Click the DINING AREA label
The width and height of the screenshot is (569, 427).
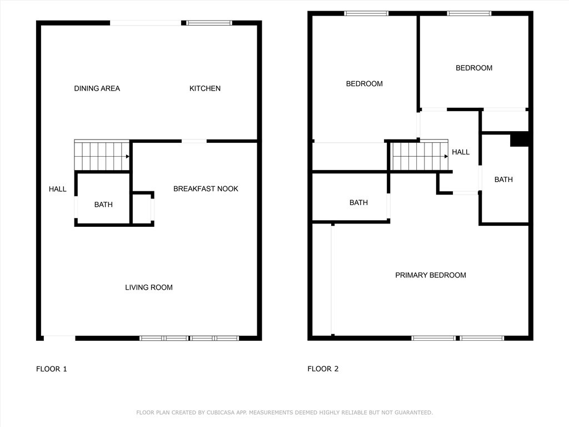pos(97,88)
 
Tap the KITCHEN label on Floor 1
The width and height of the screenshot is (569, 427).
pos(205,88)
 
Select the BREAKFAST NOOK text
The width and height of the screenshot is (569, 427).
pos(206,189)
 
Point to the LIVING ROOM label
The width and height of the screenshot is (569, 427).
pos(149,287)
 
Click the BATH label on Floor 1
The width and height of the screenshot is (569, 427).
pos(103,205)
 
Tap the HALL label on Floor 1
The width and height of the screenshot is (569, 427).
pos(58,189)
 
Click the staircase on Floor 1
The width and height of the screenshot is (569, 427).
pos(102,155)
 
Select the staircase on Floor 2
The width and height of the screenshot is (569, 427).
pos(420,155)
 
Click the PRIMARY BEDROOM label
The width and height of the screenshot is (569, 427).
pos(431,275)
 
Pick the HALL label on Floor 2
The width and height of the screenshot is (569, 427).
pos(461,152)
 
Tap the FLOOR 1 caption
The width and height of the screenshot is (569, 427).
pos(52,369)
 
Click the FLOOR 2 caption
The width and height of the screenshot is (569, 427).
pos(323,369)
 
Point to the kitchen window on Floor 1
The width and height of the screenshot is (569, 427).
pos(209,23)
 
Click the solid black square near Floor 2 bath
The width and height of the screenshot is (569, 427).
pos(520,139)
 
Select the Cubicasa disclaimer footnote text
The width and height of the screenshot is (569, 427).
pos(284,413)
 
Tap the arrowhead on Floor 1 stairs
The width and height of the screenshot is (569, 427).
pos(128,156)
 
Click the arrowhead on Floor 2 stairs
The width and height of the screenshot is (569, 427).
pos(446,156)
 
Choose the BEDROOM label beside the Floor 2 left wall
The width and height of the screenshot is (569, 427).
pos(365,84)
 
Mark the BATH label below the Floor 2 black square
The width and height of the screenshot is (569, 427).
pos(503,180)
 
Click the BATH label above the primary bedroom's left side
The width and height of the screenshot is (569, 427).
pos(358,202)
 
